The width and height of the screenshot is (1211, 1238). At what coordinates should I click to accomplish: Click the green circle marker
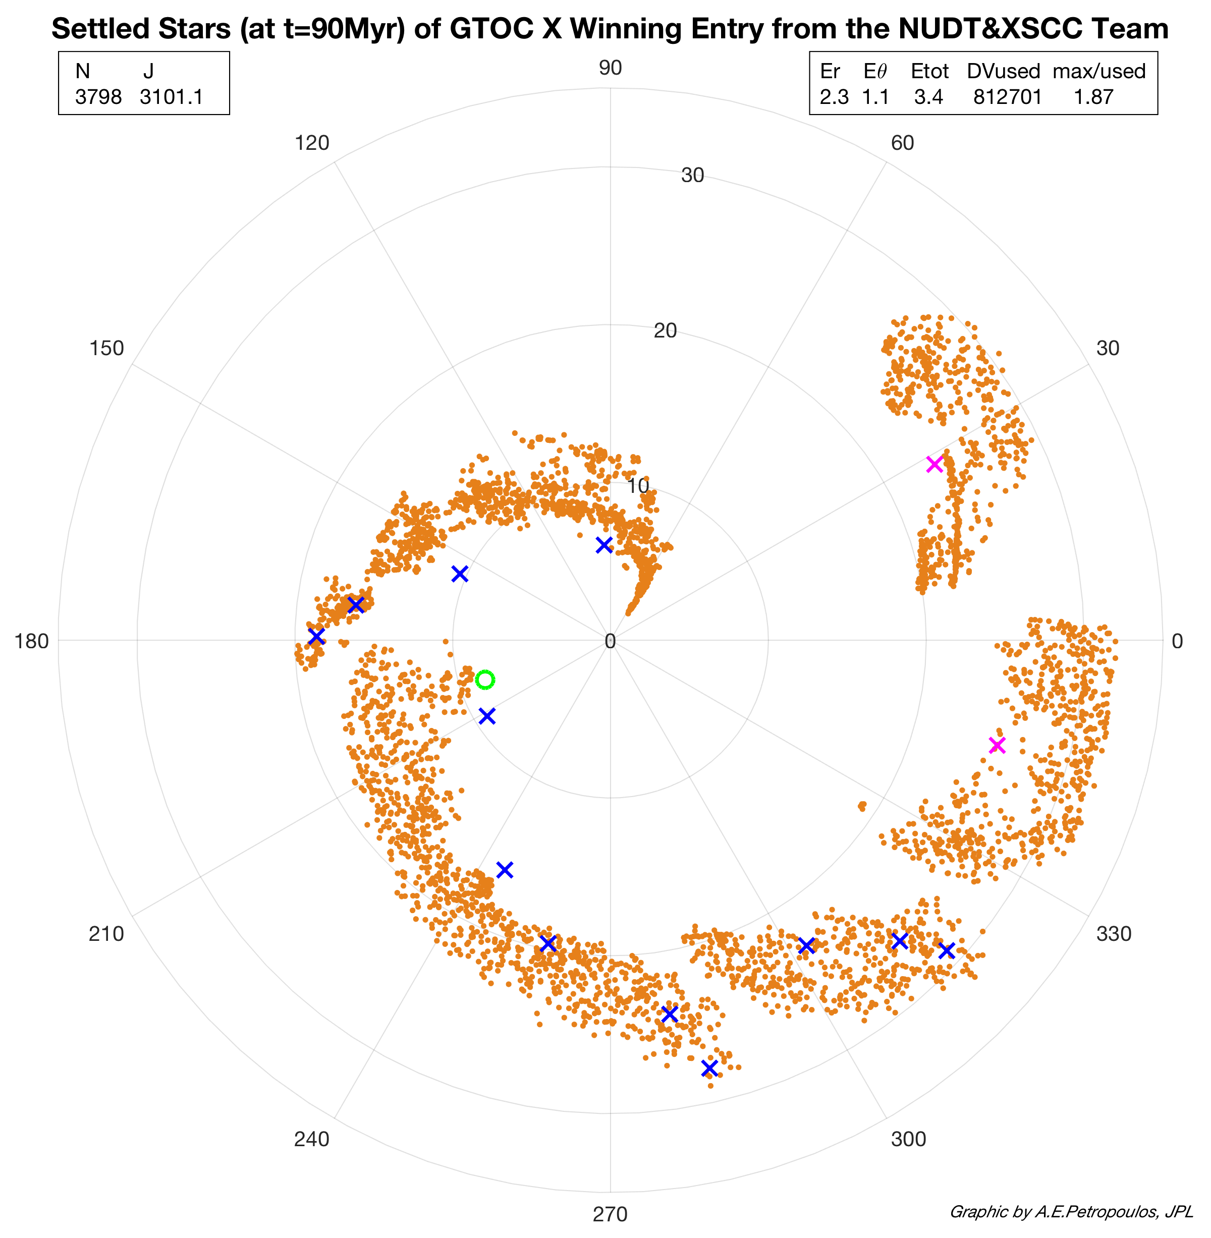[x=485, y=680]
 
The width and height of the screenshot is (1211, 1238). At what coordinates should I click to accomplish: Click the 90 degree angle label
[x=610, y=68]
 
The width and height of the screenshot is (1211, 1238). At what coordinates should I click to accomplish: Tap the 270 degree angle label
[x=610, y=1214]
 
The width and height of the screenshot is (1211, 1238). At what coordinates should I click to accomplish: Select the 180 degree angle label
[x=32, y=641]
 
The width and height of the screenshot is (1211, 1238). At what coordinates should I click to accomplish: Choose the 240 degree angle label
[x=312, y=1139]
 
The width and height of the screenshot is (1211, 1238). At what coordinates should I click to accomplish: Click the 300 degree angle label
[x=908, y=1139]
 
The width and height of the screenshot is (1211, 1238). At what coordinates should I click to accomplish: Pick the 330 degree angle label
[x=1114, y=933]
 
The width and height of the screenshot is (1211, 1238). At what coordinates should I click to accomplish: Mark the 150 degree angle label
[x=106, y=349]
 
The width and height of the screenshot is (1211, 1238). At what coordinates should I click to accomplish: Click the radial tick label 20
[x=665, y=330]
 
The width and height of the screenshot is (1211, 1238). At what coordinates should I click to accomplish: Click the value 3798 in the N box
[x=98, y=97]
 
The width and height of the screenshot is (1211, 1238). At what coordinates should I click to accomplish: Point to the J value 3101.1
[x=172, y=97]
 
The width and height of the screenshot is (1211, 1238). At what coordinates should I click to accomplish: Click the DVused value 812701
[x=1008, y=97]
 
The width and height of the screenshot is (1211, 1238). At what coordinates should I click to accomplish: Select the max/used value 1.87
[x=1093, y=97]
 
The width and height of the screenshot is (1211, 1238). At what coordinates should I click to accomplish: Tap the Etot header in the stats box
[x=929, y=71]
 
